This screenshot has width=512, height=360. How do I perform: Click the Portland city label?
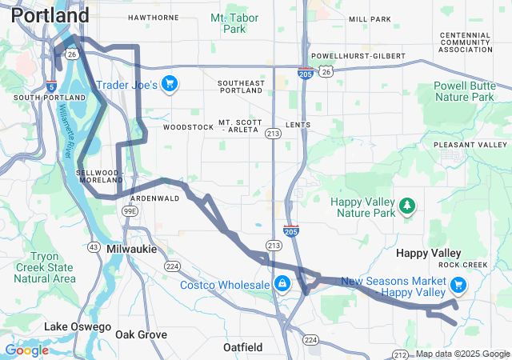[50, 15]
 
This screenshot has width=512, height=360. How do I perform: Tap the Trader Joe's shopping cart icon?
[169, 84]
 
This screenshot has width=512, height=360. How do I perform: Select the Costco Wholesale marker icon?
[282, 285]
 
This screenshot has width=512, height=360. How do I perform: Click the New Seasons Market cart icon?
[458, 285]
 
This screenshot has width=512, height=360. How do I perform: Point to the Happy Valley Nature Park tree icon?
[408, 206]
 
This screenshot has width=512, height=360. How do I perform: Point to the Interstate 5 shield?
[51, 86]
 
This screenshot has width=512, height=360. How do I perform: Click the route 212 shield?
[400, 354]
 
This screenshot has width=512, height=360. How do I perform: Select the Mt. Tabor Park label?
[229, 22]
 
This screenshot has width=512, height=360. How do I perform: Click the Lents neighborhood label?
[297, 126]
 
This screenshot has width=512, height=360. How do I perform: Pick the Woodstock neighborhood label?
[188, 127]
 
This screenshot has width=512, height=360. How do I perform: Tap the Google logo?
[26, 350]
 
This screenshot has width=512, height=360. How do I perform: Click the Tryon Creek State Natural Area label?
[45, 267]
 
